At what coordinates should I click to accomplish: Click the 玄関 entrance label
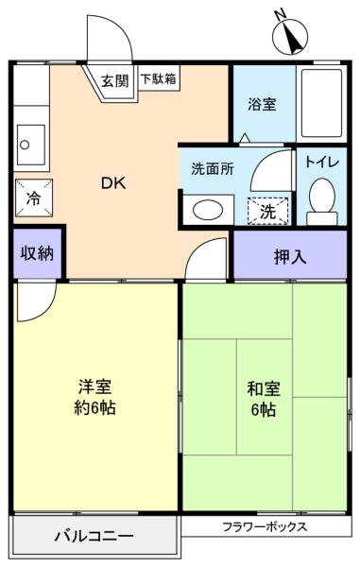(x=114, y=80)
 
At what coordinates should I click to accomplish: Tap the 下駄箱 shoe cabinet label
(x=159, y=78)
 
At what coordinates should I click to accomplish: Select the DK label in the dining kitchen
(x=113, y=183)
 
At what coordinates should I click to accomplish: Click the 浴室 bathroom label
(x=262, y=105)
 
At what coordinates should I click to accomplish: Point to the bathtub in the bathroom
(x=321, y=103)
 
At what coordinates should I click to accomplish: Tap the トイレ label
(x=322, y=163)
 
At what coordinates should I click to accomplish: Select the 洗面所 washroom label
(x=213, y=169)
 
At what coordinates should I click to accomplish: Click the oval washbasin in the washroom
(x=208, y=210)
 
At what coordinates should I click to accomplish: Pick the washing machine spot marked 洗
(x=267, y=211)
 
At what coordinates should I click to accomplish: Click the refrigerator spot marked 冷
(x=34, y=198)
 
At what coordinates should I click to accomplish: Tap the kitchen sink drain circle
(x=25, y=145)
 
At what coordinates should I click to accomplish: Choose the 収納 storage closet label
(x=37, y=253)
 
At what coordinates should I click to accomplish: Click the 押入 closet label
(x=290, y=257)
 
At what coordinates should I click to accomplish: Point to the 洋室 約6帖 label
(x=94, y=397)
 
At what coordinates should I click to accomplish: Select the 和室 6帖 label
(x=264, y=399)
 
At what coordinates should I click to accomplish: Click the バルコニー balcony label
(x=94, y=535)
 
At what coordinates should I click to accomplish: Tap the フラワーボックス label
(x=265, y=526)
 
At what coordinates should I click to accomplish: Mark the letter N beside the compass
(x=280, y=14)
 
